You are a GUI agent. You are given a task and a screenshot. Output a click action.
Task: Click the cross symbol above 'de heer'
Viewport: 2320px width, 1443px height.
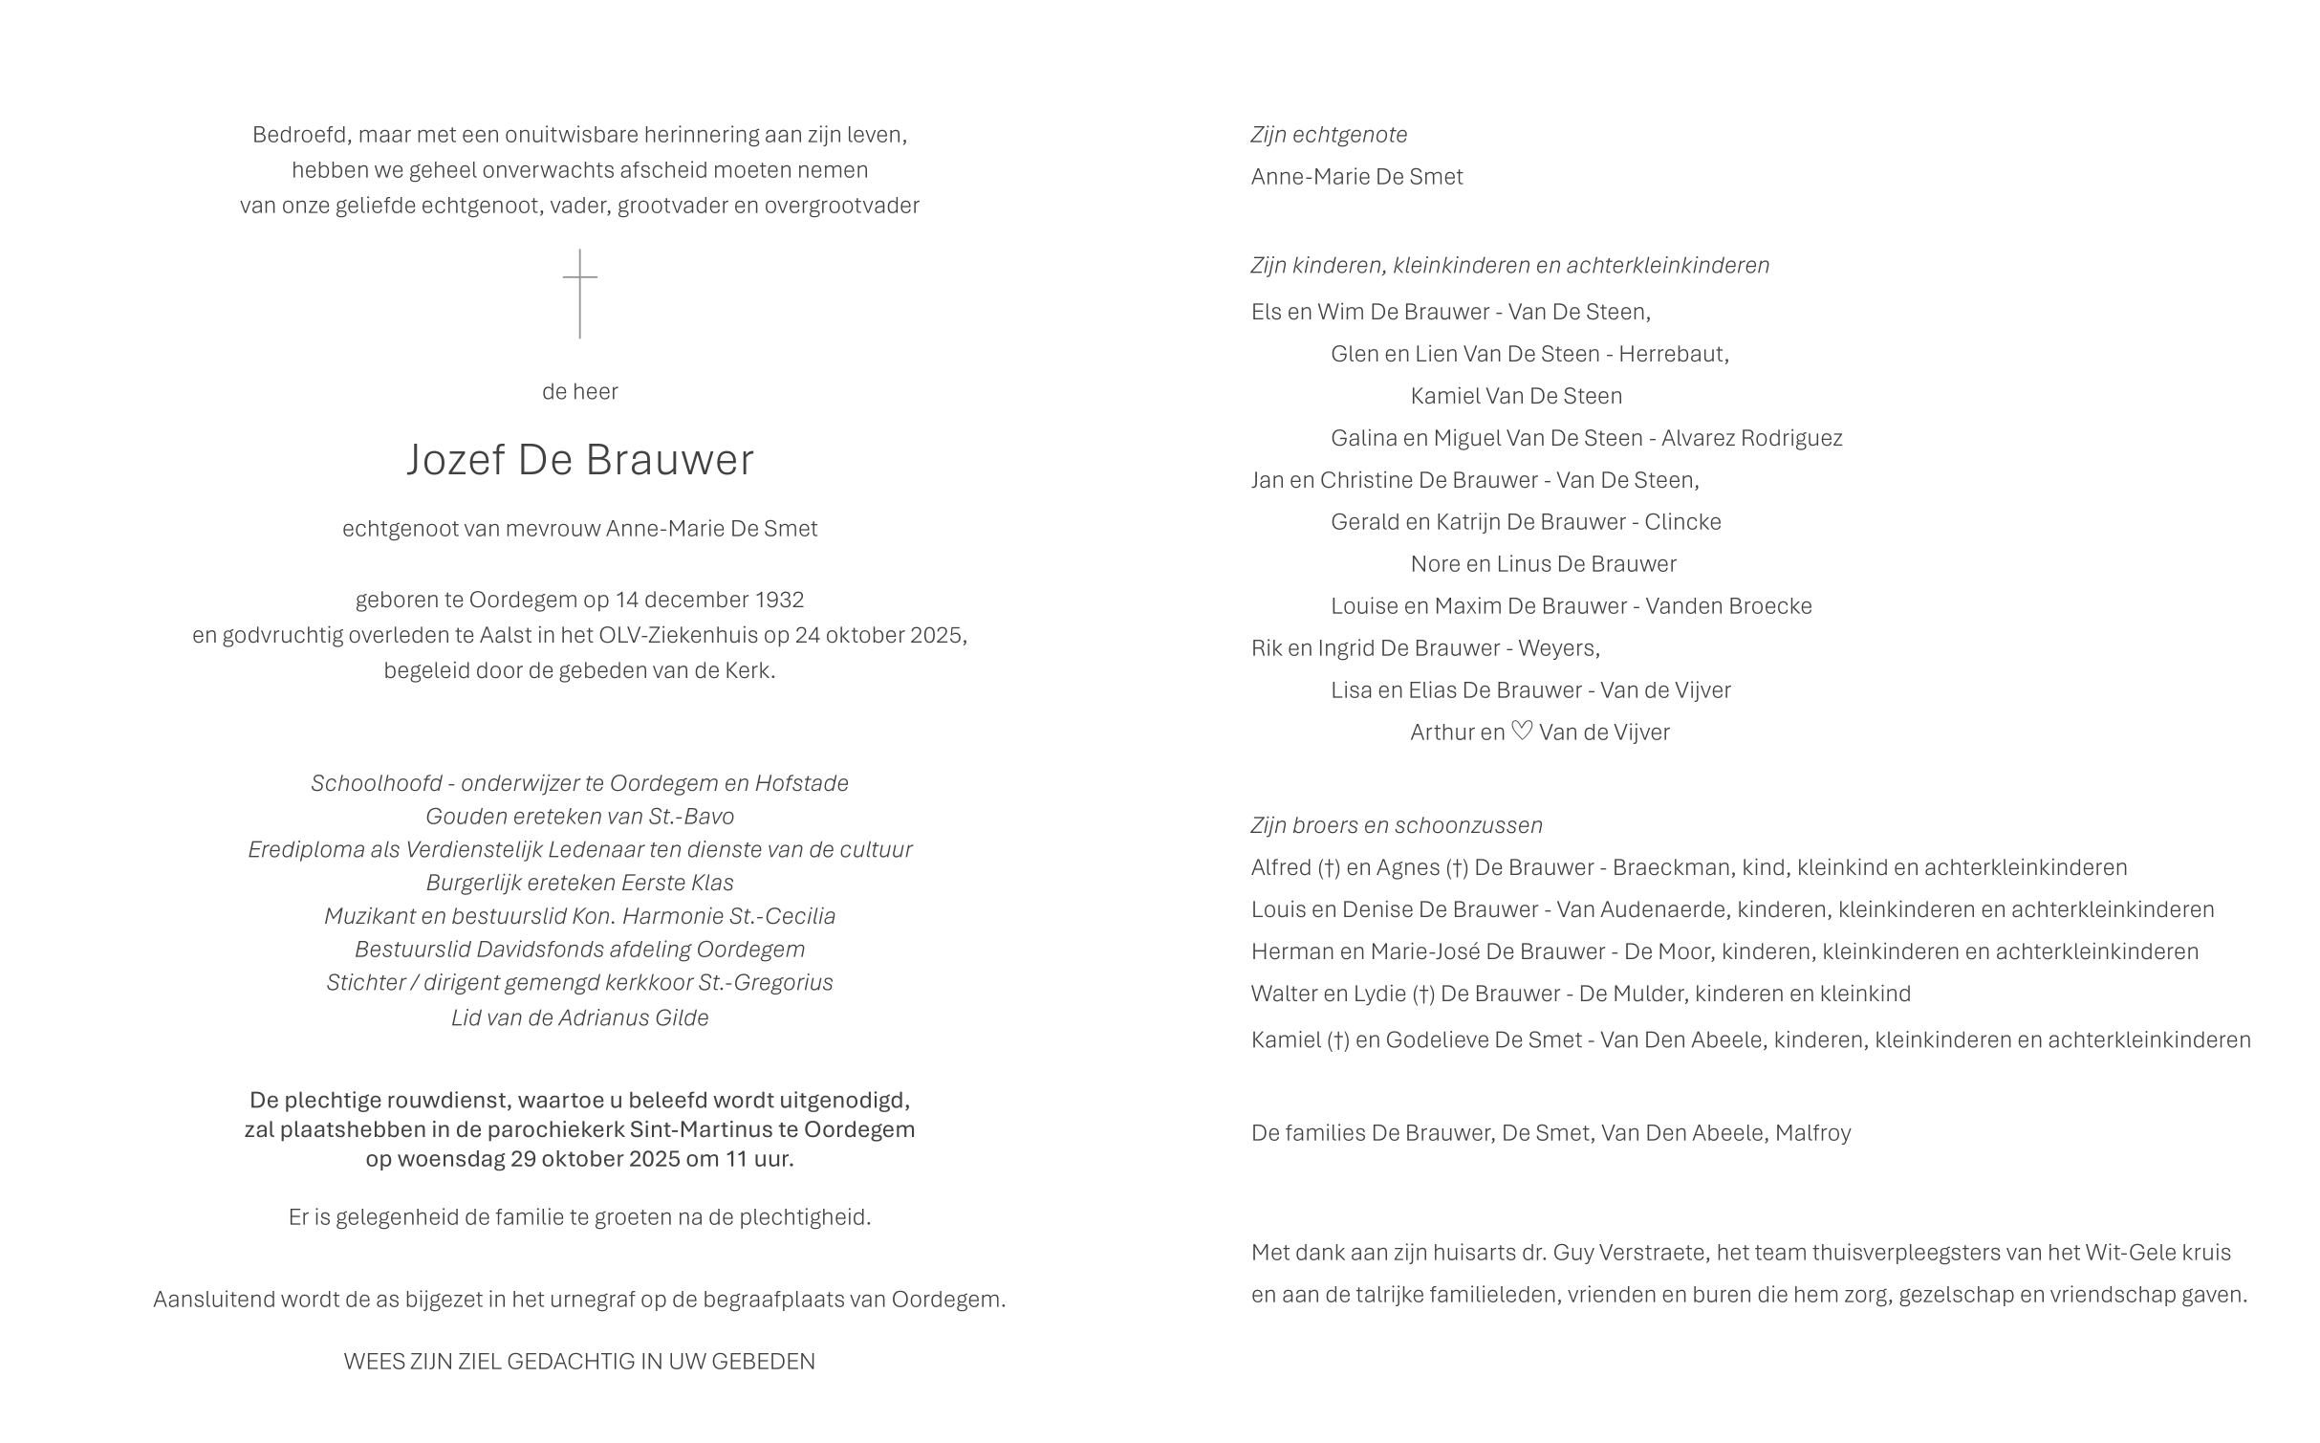pyautogui.click(x=579, y=293)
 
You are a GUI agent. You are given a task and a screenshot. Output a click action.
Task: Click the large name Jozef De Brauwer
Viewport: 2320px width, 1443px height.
pyautogui.click(x=579, y=460)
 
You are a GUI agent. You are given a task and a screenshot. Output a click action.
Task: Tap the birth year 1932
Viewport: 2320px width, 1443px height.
pyautogui.click(x=779, y=601)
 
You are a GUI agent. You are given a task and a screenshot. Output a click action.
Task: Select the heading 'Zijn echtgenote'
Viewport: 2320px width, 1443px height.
pyautogui.click(x=1329, y=135)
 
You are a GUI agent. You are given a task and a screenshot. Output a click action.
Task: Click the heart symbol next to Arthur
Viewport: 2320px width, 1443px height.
pyautogui.click(x=1522, y=732)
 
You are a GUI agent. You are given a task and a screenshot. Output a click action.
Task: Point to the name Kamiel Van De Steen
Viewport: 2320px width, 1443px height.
pyautogui.click(x=1516, y=396)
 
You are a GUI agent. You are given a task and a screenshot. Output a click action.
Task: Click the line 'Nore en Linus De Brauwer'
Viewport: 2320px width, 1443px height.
pyautogui.click(x=1543, y=564)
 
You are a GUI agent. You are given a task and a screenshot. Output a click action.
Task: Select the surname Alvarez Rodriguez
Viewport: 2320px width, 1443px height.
pyautogui.click(x=1751, y=438)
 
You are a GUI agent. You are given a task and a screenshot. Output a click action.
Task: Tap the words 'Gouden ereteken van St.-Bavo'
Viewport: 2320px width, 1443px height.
pyautogui.click(x=579, y=817)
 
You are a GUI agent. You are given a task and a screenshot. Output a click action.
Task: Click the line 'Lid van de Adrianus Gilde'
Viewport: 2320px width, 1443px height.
pyautogui.click(x=579, y=1018)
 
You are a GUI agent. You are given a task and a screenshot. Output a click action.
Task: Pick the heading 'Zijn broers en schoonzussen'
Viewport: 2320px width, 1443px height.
pyautogui.click(x=1396, y=825)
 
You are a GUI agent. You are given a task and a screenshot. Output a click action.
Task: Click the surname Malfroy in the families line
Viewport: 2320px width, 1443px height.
pyautogui.click(x=1812, y=1133)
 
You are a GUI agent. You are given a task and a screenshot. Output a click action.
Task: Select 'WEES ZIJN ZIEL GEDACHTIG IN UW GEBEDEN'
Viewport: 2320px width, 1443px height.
pyautogui.click(x=579, y=1362)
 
